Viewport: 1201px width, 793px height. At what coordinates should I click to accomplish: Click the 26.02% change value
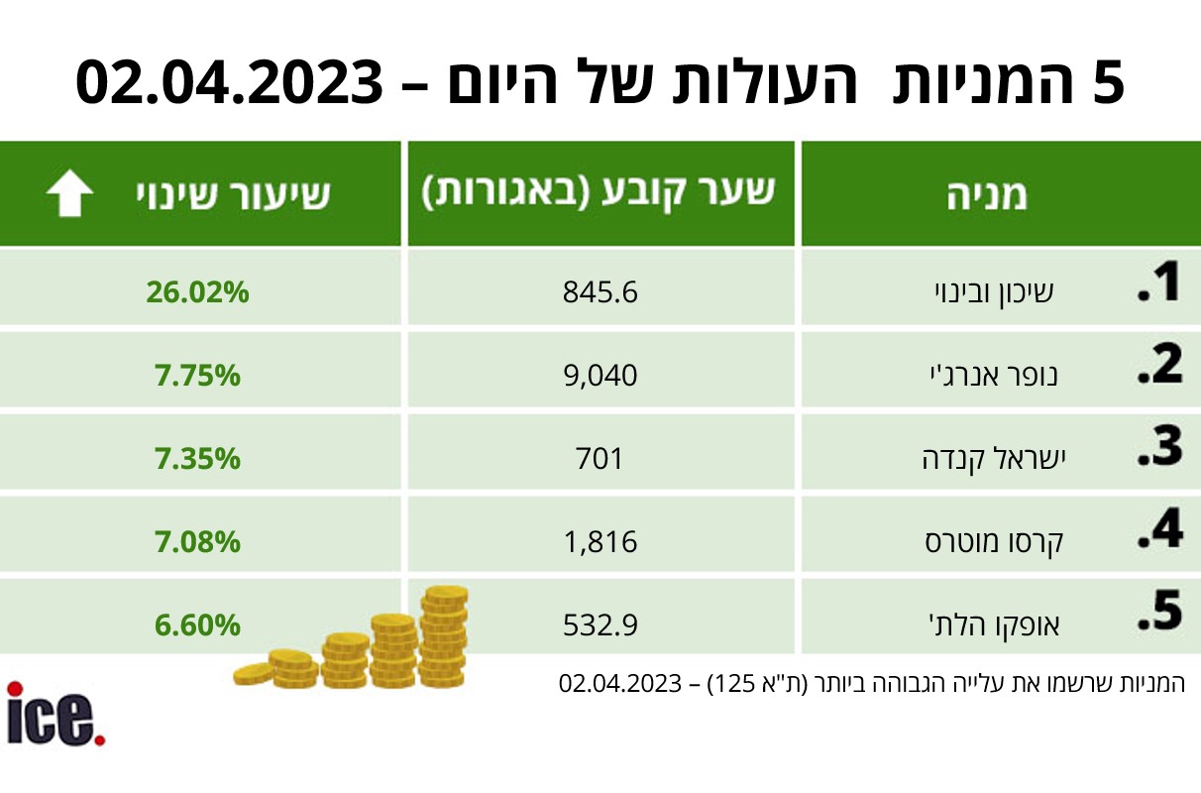[x=197, y=292]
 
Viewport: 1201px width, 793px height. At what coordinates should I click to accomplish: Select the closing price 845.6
[x=600, y=292]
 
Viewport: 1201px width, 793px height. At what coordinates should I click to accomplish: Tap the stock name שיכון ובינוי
[x=994, y=292]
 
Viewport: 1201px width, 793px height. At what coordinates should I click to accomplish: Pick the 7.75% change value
[x=197, y=376]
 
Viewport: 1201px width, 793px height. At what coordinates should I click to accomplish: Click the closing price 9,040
[x=600, y=376]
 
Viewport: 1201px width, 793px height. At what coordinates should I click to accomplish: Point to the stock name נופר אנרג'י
[x=994, y=375]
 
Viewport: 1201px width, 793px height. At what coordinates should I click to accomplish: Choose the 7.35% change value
[x=197, y=458]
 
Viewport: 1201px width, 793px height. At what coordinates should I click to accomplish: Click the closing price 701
[x=599, y=458]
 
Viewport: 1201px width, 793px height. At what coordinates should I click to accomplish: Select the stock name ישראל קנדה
[x=994, y=458]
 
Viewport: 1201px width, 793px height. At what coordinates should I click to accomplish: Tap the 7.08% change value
[x=197, y=541]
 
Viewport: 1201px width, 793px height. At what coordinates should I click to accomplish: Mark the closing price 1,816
[x=600, y=541]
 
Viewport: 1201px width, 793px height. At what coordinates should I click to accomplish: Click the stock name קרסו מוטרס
[x=994, y=541]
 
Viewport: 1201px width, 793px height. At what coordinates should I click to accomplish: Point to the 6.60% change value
[x=197, y=625]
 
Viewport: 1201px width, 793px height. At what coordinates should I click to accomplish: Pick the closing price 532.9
[x=600, y=625]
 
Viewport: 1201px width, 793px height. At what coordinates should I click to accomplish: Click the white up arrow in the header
[x=69, y=193]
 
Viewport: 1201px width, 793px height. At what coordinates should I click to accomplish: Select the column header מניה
[x=987, y=194]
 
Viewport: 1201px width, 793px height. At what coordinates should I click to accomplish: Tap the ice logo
[x=55, y=713]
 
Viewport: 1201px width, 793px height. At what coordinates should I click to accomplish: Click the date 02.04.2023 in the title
[x=230, y=83]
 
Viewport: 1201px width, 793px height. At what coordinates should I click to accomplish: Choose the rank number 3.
[x=1159, y=446]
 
